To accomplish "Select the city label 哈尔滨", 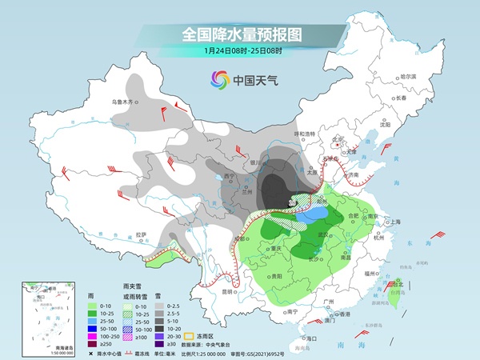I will click(408, 76).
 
